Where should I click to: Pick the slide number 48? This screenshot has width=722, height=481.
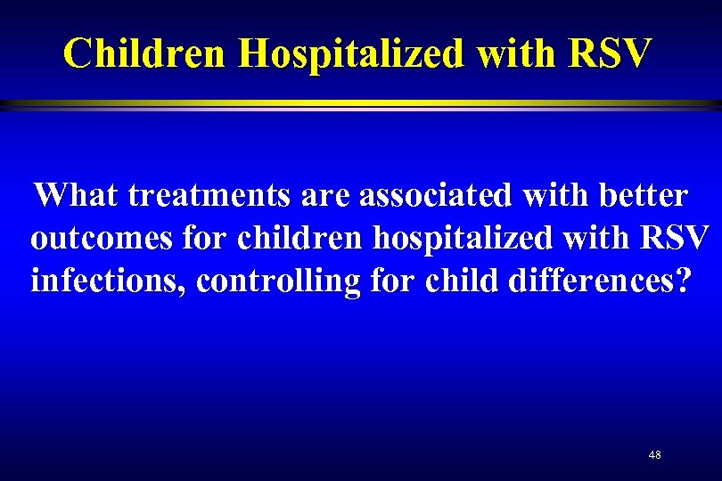(x=655, y=455)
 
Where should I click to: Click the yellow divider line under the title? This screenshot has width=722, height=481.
(x=361, y=104)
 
